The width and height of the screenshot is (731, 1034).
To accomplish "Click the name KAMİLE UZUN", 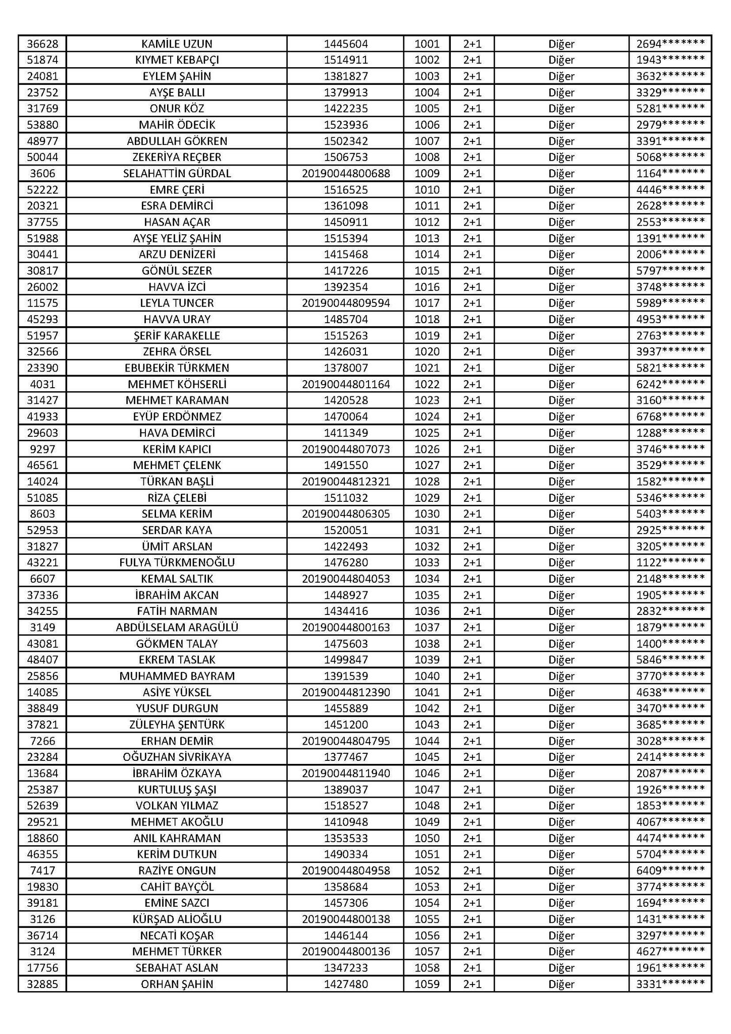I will click(x=177, y=44).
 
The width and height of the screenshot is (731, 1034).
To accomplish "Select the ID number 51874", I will click(x=42, y=60).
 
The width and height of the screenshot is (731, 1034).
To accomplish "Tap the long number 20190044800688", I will click(x=346, y=174).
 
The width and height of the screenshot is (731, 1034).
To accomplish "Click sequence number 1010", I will click(x=427, y=190).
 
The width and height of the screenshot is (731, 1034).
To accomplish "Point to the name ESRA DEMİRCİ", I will click(x=177, y=206).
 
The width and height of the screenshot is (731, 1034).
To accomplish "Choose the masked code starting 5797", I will click(x=670, y=271).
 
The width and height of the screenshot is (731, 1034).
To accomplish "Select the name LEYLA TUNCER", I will click(x=177, y=303).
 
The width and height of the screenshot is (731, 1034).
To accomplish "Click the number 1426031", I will click(x=346, y=352).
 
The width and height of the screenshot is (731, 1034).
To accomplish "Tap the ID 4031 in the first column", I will click(x=42, y=384).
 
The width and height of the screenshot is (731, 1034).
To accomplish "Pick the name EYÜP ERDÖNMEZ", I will click(x=177, y=417).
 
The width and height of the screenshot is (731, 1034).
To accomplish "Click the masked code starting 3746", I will click(x=670, y=449).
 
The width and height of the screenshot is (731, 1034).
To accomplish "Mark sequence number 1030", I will click(x=427, y=514).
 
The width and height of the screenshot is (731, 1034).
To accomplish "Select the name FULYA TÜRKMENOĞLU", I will click(x=177, y=562).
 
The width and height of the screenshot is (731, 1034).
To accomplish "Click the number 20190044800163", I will click(x=346, y=628).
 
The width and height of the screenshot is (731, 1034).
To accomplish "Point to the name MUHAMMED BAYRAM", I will click(x=177, y=676).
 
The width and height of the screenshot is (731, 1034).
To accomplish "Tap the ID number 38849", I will click(x=42, y=708).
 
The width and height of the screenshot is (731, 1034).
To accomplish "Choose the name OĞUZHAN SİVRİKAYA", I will click(x=177, y=757).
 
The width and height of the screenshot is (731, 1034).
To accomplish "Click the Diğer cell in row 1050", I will click(x=561, y=838).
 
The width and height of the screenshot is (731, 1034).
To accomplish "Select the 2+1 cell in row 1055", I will click(x=472, y=919).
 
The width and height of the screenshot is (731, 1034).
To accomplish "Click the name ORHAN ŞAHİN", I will click(x=177, y=984).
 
